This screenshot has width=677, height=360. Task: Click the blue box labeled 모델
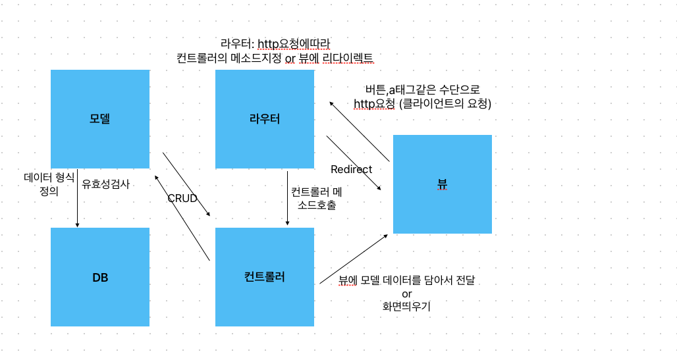pos(100,119)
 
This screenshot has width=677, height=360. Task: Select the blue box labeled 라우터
pos(265,119)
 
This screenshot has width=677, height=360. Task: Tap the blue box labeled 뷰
pos(443,184)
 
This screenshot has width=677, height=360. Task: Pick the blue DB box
pos(100,277)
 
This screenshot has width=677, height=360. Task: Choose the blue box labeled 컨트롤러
pos(265,277)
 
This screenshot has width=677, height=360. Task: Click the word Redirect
pos(351,169)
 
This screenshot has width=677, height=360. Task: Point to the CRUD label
pos(182,198)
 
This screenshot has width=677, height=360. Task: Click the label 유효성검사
pos(105,184)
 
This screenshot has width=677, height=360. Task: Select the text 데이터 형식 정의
pos(49,184)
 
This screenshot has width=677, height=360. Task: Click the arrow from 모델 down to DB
pos(78,197)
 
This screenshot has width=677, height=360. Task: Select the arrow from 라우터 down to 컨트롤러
pos(287,197)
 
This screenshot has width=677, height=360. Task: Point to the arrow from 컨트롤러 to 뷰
pos(354,259)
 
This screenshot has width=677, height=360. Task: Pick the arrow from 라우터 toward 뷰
pos(354,163)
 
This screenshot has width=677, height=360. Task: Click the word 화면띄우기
pos(406,306)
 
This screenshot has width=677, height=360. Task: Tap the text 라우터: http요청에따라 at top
pos(275,44)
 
